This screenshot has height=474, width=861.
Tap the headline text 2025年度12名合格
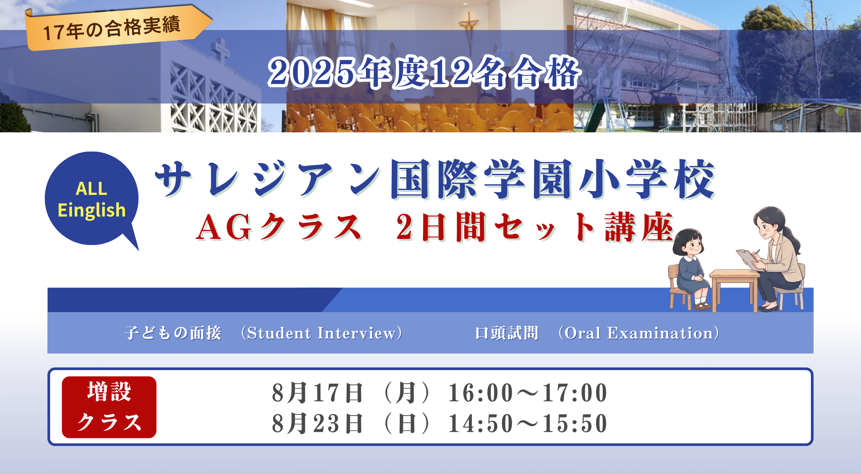coord(424,72)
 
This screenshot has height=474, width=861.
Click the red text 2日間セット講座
coord(535,227)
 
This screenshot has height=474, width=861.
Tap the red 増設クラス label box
coord(109,407)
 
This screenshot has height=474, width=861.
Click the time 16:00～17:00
coord(528,392)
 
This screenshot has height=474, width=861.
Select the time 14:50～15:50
coord(528,423)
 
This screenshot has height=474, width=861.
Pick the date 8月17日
coord(317,392)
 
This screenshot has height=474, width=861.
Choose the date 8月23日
coord(317,423)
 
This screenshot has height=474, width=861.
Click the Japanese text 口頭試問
coord(507,333)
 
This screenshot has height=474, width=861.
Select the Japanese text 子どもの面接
coord(173,333)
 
